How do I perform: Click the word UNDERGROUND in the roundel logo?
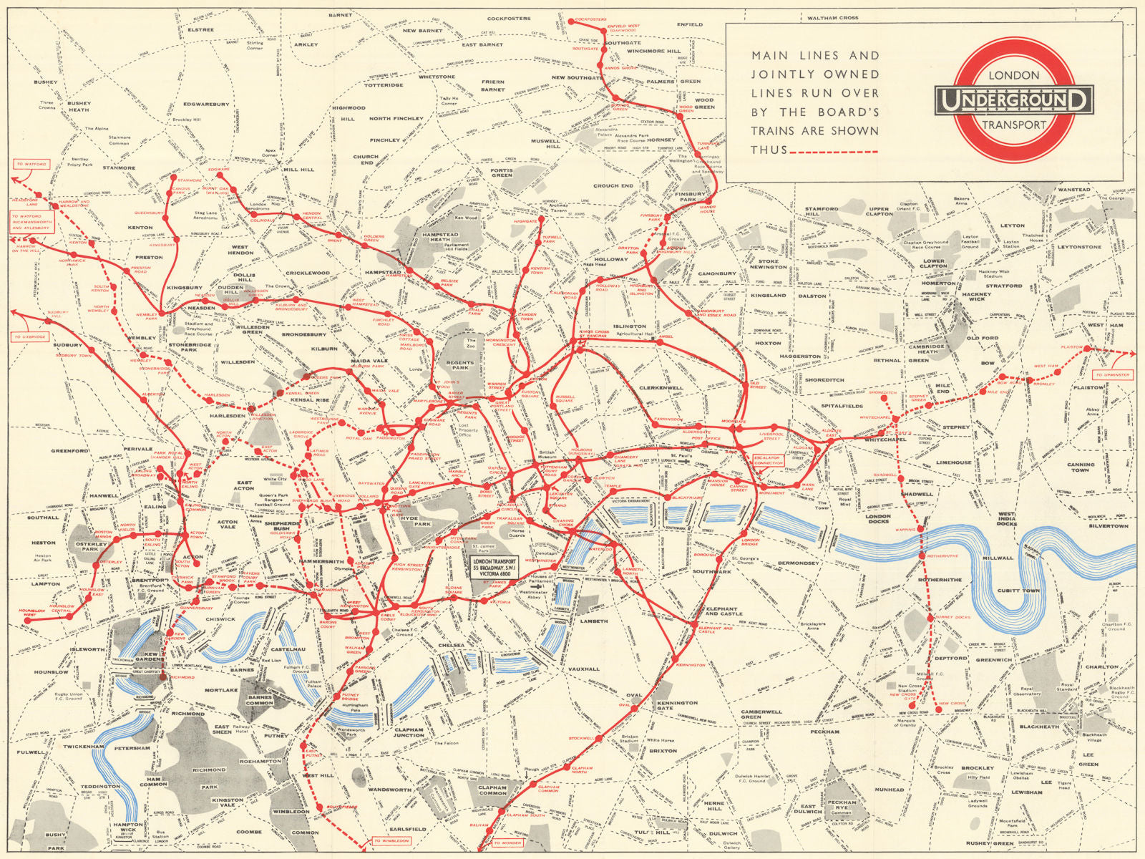point(1014,100)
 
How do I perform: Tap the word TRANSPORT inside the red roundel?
point(1014,125)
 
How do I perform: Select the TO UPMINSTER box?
point(1111,374)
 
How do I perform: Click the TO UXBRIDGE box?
point(30,336)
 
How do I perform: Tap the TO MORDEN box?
point(507,843)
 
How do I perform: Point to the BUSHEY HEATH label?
point(79,107)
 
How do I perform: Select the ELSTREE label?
point(200,30)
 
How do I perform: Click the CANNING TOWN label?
point(1081,467)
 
